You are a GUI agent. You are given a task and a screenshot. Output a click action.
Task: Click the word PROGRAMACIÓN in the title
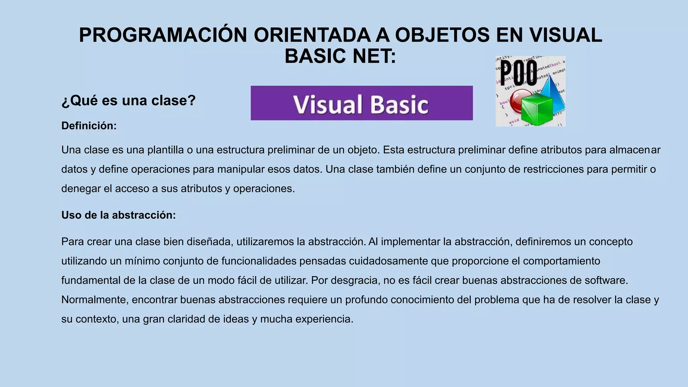coord(163,35)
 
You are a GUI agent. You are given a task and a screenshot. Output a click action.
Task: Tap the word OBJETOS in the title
coord(442,35)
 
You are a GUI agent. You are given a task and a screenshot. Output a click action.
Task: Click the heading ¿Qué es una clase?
coord(128,100)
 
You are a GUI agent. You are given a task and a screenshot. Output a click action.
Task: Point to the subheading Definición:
coord(89,126)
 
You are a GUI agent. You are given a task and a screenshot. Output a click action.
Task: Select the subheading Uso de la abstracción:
coord(118,215)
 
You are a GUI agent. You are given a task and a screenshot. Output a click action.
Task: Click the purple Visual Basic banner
coord(361,103)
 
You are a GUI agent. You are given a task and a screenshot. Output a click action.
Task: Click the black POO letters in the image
coord(519,73)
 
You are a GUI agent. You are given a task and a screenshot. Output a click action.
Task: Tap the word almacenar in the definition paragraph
coord(635,150)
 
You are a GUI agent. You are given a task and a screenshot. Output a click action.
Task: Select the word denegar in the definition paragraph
coord(81,189)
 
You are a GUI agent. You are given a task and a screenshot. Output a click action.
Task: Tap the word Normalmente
coord(95,300)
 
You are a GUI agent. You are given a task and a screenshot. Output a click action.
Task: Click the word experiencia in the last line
coord(324,319)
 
